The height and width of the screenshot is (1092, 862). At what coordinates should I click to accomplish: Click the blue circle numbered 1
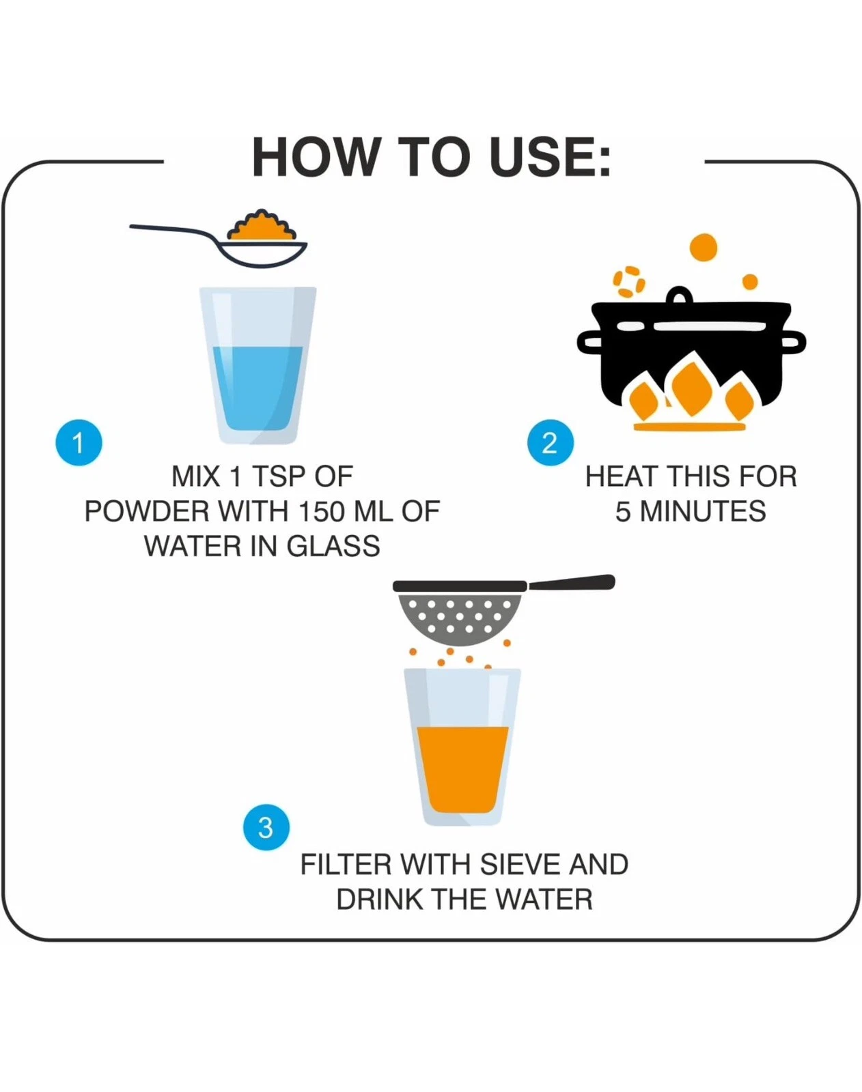click(79, 442)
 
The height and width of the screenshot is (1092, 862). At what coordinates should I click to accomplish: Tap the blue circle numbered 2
click(550, 442)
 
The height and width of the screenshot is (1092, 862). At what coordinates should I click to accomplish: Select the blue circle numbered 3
click(266, 828)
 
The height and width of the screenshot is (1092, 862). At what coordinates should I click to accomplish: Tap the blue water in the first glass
click(258, 388)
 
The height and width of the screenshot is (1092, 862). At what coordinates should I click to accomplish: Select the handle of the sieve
click(572, 583)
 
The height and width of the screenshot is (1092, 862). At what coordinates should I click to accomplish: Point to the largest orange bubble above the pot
click(704, 248)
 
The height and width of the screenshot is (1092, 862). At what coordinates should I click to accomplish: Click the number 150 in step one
click(322, 511)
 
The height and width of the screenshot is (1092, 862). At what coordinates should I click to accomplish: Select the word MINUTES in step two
click(702, 511)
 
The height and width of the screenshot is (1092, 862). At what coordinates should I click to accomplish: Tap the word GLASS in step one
click(333, 546)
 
